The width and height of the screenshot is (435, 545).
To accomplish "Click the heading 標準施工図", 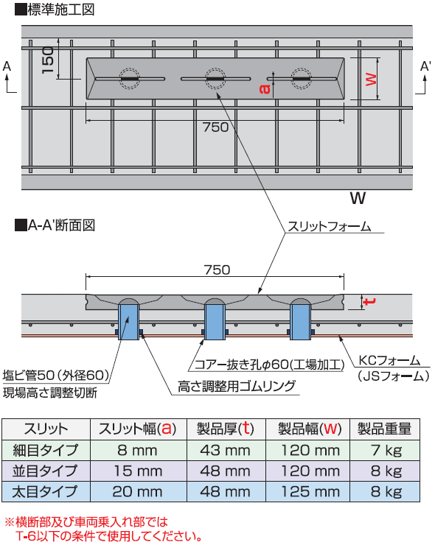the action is click(x=61, y=10).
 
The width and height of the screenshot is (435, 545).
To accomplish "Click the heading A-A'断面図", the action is click(x=61, y=225).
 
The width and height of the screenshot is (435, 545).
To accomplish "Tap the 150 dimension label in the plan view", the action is click(x=48, y=60).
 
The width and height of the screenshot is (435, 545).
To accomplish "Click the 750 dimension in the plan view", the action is click(x=216, y=127).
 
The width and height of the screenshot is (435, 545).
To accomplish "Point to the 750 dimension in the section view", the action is click(x=217, y=270).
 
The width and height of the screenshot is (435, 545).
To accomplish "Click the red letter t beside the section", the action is click(x=369, y=301).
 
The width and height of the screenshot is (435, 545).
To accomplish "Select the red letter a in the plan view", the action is click(x=265, y=89).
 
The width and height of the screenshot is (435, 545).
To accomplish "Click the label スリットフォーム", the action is click(x=330, y=227).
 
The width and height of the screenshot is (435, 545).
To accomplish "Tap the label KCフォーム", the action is click(x=389, y=360).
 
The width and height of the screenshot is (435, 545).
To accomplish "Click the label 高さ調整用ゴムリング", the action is click(x=237, y=386).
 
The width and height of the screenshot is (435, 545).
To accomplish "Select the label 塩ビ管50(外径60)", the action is click(x=56, y=375).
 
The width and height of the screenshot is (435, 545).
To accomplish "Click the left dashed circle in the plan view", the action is click(x=130, y=79).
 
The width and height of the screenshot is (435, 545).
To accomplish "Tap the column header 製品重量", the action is click(x=385, y=429).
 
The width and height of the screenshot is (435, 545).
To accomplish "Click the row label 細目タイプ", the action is click(x=45, y=450).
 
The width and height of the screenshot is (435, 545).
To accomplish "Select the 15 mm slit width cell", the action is click(x=138, y=471).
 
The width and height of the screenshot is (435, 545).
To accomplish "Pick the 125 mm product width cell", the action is click(x=310, y=491).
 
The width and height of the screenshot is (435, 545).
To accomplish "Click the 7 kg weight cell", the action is click(x=386, y=451).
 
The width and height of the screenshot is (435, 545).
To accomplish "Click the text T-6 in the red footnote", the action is click(x=26, y=536).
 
